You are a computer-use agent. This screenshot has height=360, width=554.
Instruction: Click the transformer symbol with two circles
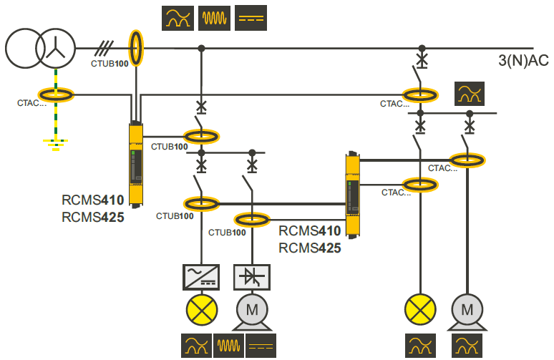coord(40,49)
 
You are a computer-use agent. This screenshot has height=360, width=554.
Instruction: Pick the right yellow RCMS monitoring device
coord(352,194)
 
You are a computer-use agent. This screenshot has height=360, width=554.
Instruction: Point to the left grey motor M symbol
coord(251,309)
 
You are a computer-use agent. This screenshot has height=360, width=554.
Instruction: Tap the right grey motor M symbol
coord(467,309)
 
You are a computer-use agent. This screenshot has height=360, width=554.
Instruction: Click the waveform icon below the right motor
coord(469,346)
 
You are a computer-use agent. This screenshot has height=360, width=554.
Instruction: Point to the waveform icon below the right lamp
coord(421,346)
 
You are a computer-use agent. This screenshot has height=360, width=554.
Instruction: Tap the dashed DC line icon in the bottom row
coord(261,346)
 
